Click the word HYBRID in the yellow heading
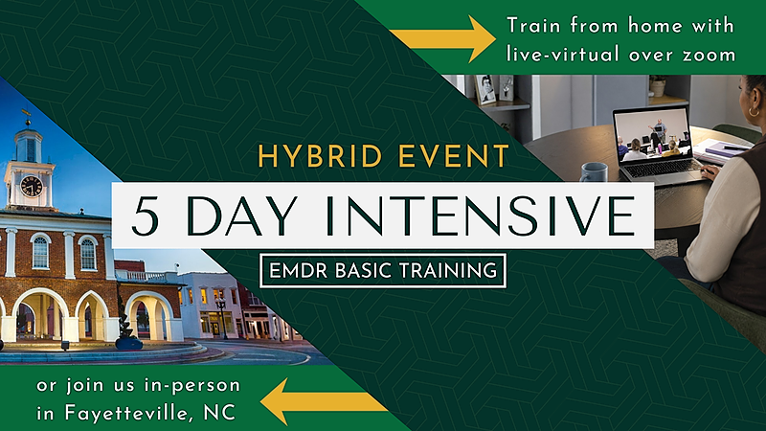[x=320, y=156]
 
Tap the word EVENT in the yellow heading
[x=454, y=156]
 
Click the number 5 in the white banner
[x=146, y=215]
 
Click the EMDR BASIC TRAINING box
[x=383, y=270]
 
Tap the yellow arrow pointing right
[x=442, y=39]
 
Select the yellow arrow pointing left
[x=324, y=401]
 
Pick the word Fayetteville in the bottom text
[x=125, y=414]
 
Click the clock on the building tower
[x=31, y=186]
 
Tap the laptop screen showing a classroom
[x=652, y=134]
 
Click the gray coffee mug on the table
[x=594, y=173]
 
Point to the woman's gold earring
[x=754, y=111]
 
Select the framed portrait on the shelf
[x=485, y=89]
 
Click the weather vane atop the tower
[x=27, y=116]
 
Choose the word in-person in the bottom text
[x=192, y=386]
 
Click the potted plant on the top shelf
[x=658, y=86]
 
